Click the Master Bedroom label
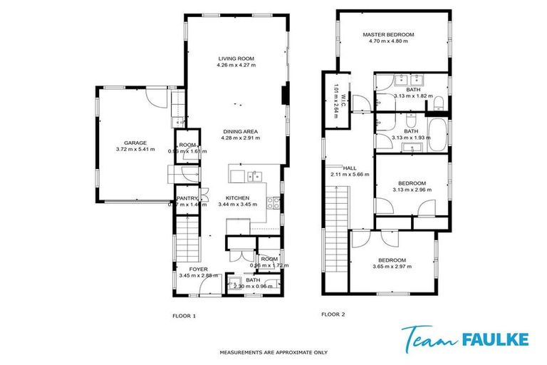coord(387,34)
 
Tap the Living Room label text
coord(236,58)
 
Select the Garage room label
coord(135,143)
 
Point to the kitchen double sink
coord(254,176)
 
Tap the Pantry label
coord(187,198)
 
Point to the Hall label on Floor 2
coord(349,168)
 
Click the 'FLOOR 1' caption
coord(184,314)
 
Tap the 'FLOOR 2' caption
coord(333,314)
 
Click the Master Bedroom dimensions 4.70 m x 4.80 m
coord(387,41)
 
